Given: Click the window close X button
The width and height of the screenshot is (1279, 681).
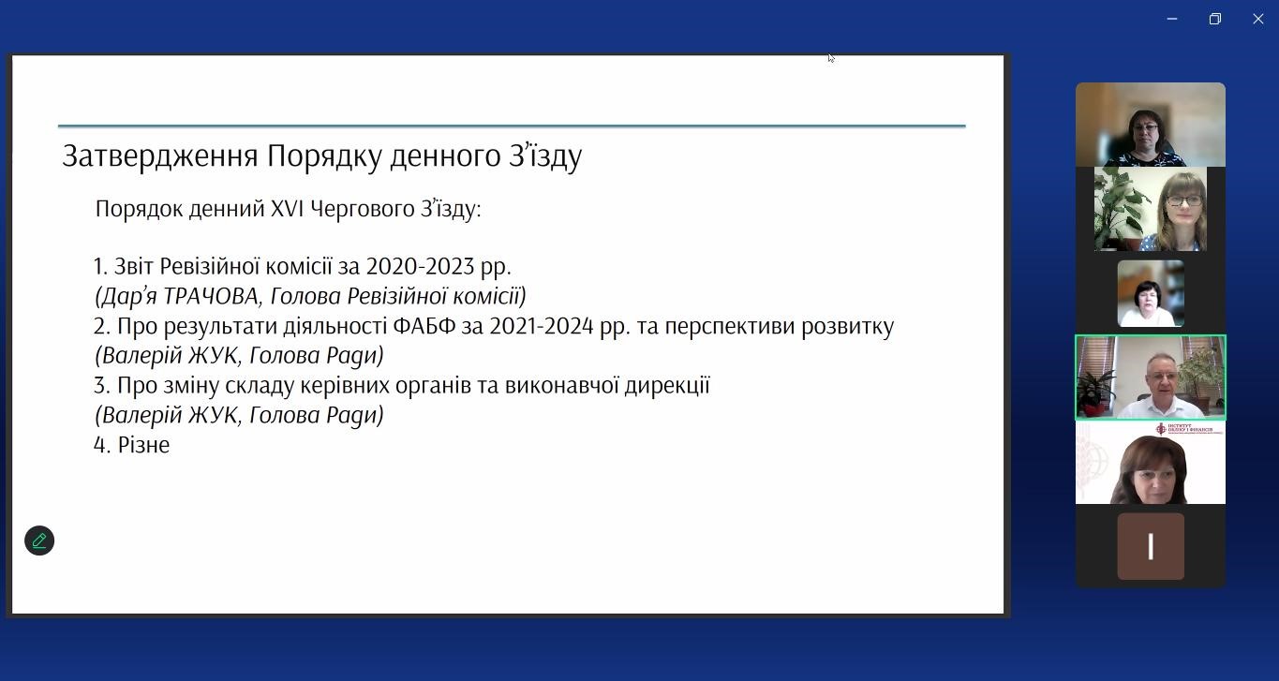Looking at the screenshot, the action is (1257, 19).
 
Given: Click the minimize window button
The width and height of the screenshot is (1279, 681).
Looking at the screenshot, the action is (1171, 19).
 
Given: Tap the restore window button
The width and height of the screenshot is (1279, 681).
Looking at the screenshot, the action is (1215, 19).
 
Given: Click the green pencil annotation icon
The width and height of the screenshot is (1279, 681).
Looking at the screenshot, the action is (39, 540).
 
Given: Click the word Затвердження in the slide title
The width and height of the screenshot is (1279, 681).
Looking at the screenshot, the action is (160, 155).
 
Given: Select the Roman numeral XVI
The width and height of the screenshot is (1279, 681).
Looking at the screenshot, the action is (287, 209).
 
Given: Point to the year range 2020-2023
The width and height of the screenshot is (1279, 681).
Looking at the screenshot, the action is (420, 267).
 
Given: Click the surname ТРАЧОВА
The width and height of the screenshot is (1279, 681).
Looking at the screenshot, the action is (211, 296).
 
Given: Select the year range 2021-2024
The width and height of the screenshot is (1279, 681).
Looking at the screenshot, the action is (542, 326).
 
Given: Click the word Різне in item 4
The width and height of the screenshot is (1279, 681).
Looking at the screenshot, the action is (143, 445).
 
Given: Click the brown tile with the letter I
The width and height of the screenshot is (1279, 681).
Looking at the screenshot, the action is (1151, 546).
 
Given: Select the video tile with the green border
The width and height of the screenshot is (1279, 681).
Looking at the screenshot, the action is (1151, 378).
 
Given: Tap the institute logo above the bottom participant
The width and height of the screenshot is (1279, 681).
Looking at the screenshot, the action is (1189, 429).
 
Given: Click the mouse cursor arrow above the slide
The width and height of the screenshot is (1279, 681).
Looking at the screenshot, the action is (831, 58).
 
